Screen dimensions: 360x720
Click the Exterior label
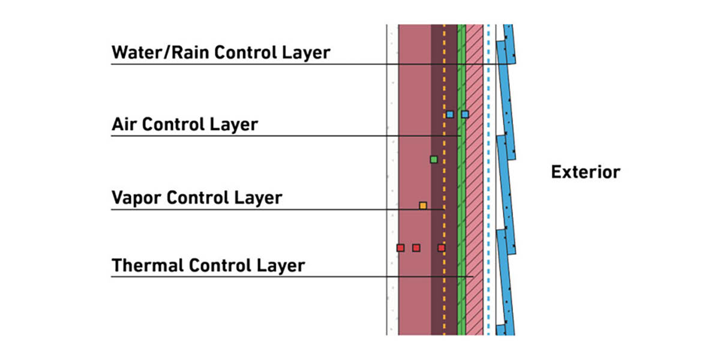[x=585, y=172]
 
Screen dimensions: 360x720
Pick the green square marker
[x=434, y=160]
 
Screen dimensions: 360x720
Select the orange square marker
[x=423, y=206]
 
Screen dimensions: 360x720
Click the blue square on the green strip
[x=464, y=114]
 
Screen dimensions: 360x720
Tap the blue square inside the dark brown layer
[x=449, y=114]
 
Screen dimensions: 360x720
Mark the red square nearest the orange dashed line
[x=442, y=248]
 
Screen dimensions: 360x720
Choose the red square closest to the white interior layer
[x=400, y=248]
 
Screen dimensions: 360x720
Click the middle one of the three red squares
[x=416, y=248]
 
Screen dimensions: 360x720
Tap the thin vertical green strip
[x=461, y=192]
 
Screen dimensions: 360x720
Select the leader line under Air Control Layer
[x=270, y=136]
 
